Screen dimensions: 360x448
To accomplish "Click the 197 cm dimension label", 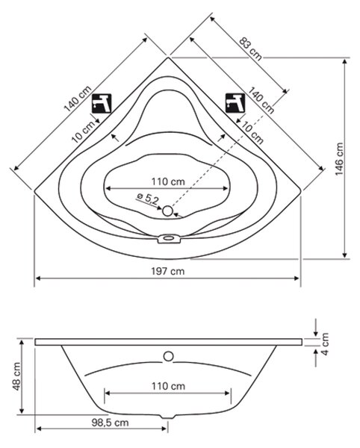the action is (168, 271).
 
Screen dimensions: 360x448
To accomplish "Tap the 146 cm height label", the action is (339, 159).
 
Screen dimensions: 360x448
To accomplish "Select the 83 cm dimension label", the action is (250, 49).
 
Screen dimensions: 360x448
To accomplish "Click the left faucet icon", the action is (102, 104).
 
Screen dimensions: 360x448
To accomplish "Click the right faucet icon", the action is (235, 103).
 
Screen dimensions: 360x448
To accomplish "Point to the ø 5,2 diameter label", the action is (147, 198).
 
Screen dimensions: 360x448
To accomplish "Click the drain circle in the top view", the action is (168, 211).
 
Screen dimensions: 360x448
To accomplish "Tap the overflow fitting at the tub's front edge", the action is (170, 238).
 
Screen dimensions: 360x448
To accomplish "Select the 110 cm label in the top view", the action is (168, 181).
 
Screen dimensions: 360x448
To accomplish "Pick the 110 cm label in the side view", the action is (168, 386).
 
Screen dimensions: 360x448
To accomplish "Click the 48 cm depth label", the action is (16, 376).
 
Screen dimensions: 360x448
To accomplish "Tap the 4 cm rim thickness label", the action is (325, 343).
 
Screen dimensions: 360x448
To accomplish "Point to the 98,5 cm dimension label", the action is (110, 423).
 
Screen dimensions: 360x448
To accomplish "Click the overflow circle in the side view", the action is (168, 356).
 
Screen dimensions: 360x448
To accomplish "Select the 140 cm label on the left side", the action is (78, 99).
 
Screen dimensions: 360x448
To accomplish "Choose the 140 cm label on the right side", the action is (261, 100).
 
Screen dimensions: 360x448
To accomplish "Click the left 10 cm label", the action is (83, 131).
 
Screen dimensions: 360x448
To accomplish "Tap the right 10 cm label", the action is (252, 132).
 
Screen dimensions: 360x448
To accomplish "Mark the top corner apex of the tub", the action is (168, 57).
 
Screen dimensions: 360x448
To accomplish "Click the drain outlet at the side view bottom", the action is (168, 417).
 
